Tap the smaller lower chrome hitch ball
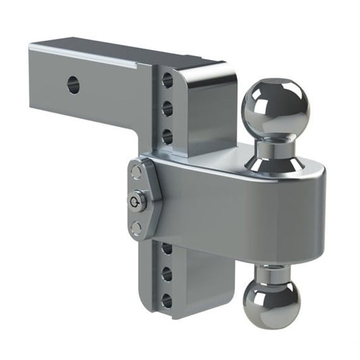coord(272,300)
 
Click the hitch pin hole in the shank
coord(74,85)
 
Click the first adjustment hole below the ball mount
coord(167,249)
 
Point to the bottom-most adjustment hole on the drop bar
coord(167,299)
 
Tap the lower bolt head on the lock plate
coord(137,227)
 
